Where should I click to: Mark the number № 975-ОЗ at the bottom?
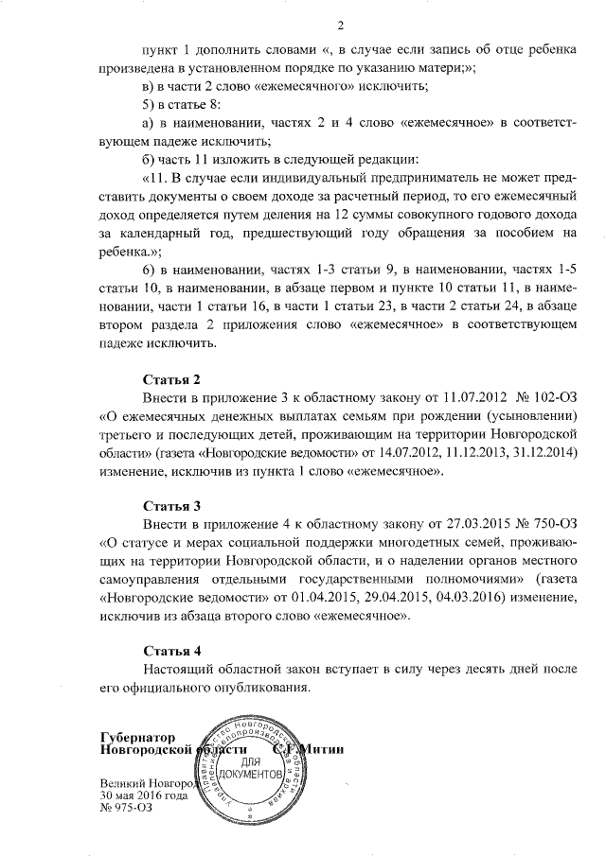[126, 809]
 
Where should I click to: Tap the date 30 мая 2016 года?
[145, 796]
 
